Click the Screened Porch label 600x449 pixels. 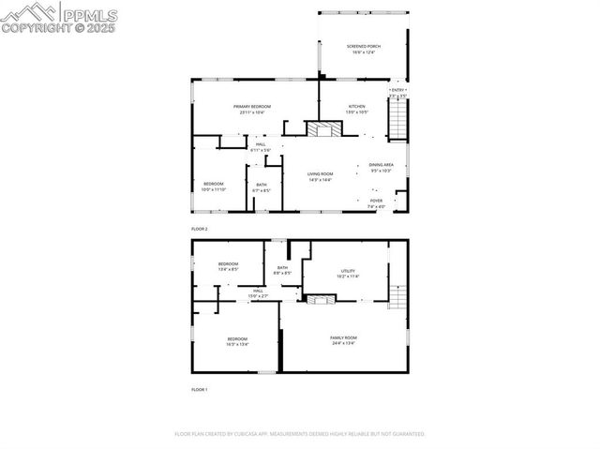[x=364, y=46]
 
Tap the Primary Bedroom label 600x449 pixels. [x=252, y=107]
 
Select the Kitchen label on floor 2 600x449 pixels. [x=357, y=107]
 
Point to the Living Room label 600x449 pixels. [x=321, y=173]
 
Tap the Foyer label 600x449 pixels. [x=376, y=200]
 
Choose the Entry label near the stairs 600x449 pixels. [x=397, y=90]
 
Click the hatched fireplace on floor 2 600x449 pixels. [x=325, y=129]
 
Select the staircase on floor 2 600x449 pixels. [x=400, y=119]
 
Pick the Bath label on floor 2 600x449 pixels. [x=262, y=185]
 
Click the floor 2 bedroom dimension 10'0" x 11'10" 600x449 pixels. [x=214, y=190]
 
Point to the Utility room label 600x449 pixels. [x=348, y=272]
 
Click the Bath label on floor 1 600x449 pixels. [x=282, y=269]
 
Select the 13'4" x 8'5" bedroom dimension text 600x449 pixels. [x=229, y=270]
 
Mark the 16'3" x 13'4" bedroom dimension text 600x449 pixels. [x=236, y=344]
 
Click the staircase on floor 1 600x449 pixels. [x=398, y=297]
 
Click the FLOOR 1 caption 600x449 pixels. [x=199, y=389]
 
